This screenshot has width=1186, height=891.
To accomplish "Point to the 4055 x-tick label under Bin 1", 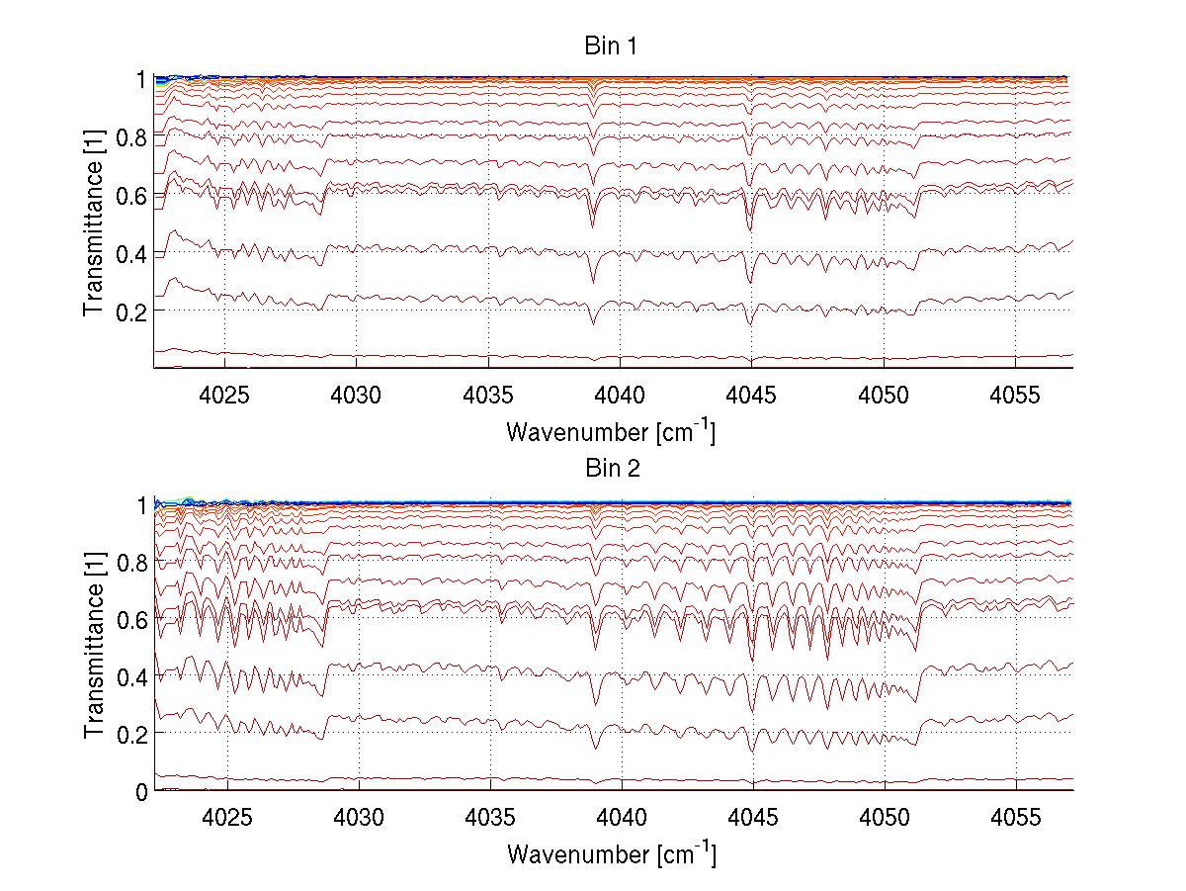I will (1015, 393).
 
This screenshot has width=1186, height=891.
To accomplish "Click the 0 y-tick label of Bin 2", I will (142, 791).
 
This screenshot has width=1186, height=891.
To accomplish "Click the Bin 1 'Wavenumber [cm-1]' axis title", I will (611, 431).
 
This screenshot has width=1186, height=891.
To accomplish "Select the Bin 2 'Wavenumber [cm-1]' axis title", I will (611, 853).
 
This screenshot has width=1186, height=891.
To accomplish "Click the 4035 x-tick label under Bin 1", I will (489, 393).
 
